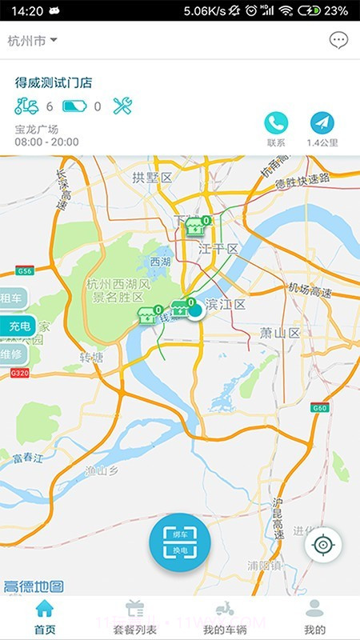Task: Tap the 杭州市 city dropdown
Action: tap(32, 40)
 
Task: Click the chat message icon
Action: tap(338, 40)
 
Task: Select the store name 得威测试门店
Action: tap(54, 82)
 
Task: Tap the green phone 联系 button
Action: tap(276, 122)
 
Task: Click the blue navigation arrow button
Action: tap(322, 122)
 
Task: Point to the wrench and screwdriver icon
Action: tap(122, 106)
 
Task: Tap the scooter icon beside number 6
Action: tap(27, 106)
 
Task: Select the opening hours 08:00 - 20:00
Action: tap(46, 142)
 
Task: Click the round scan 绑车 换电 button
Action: tap(179, 543)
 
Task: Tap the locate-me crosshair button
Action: tap(322, 545)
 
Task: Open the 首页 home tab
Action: tap(45, 617)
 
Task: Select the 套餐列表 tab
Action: tap(134, 617)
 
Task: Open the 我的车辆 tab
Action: tap(225, 617)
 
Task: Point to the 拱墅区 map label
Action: tap(152, 177)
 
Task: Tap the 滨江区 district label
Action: tap(226, 305)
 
